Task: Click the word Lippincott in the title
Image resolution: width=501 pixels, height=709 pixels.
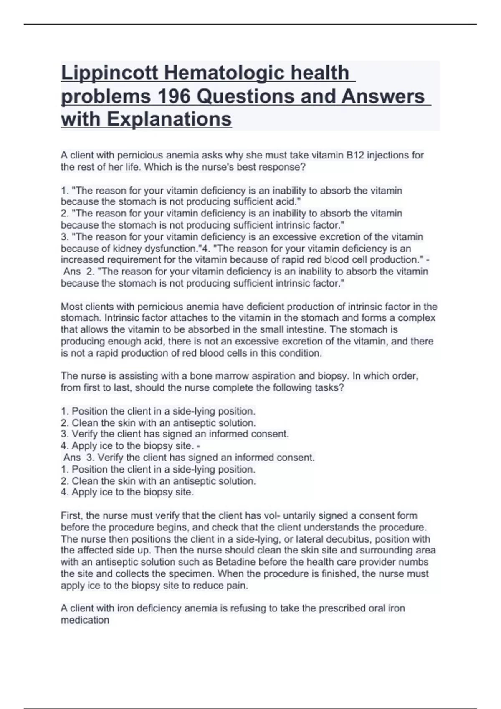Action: pos(109,73)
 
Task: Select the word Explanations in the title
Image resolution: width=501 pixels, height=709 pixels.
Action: pos(169,119)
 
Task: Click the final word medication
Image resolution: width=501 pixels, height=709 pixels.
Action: pos(85,620)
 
